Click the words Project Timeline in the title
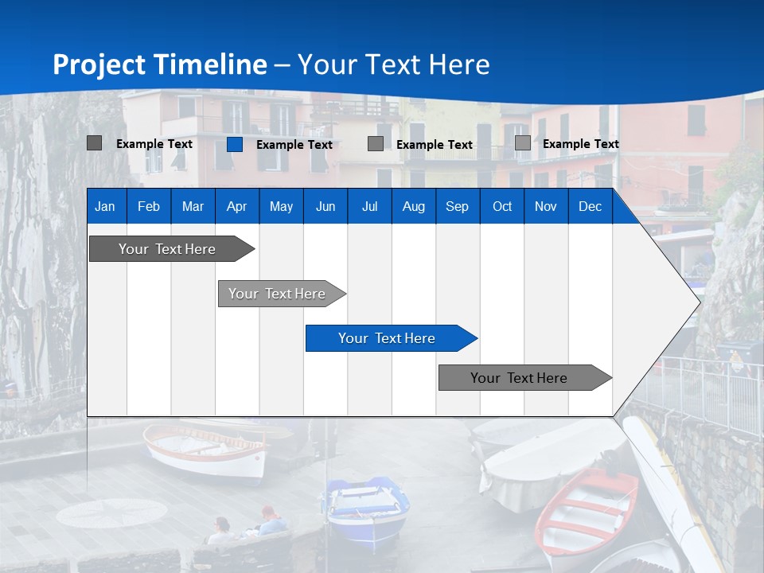click(160, 64)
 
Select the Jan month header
click(105, 206)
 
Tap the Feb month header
click(149, 206)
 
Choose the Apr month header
click(236, 206)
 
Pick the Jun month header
click(325, 206)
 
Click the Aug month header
click(413, 206)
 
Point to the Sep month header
click(457, 206)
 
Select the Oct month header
click(502, 206)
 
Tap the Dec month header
click(590, 206)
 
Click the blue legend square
click(234, 144)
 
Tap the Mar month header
click(193, 206)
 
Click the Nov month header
click(545, 206)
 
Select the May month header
click(281, 206)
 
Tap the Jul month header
click(369, 206)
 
